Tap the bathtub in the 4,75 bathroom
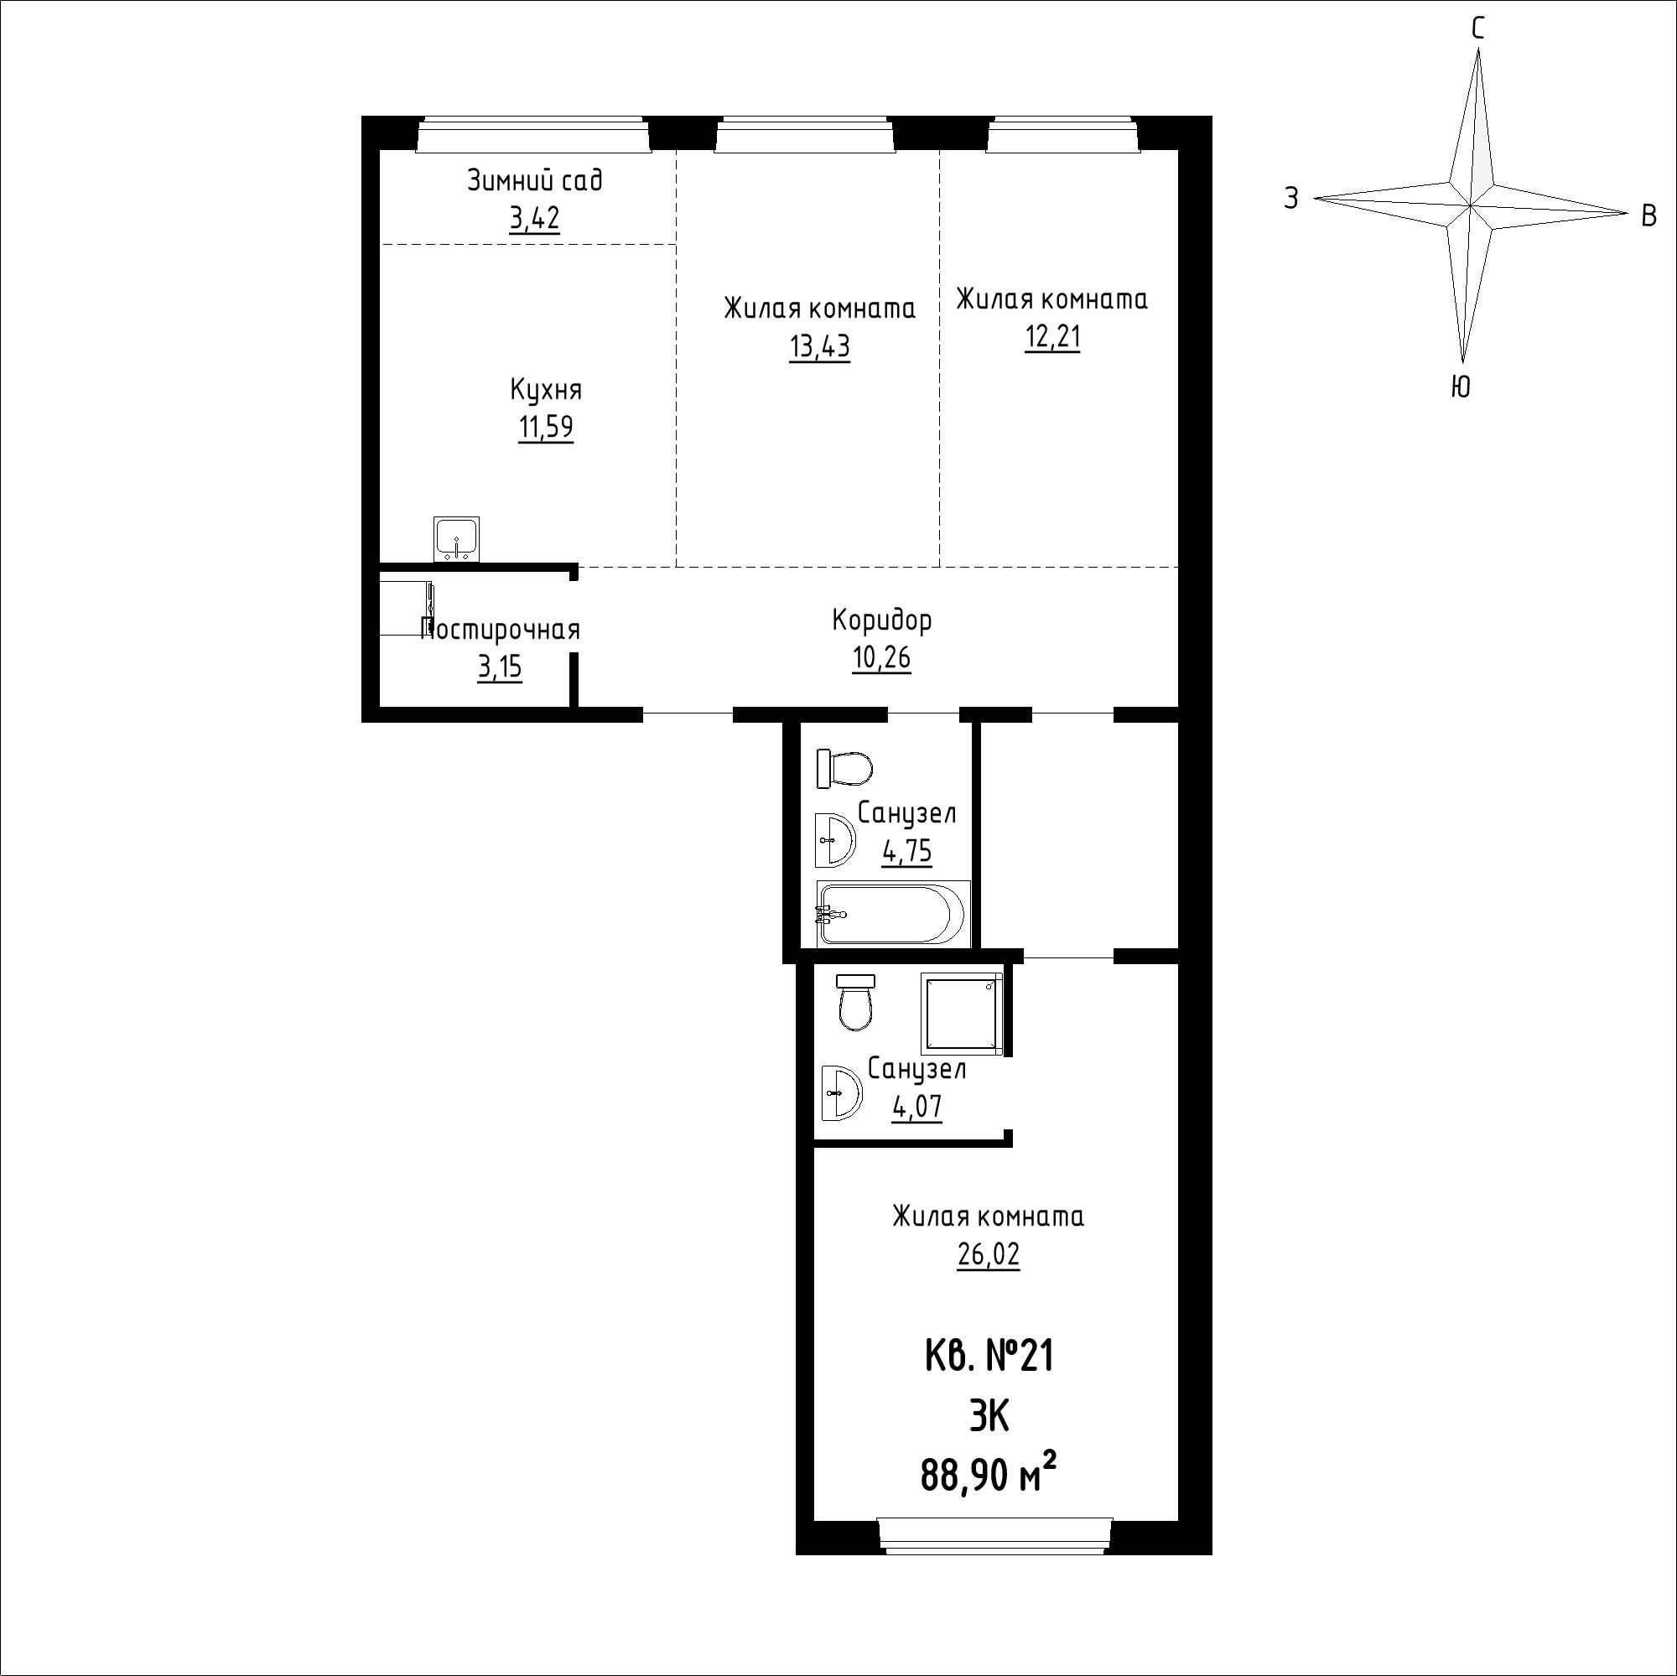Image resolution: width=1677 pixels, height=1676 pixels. (892, 913)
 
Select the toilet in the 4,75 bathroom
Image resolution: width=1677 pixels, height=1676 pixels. (844, 769)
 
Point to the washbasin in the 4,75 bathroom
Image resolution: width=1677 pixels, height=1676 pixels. (835, 839)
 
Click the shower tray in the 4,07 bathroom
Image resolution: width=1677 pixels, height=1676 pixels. (961, 1013)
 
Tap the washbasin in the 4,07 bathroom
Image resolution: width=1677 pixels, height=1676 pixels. (841, 1092)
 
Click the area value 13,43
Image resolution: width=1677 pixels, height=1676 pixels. (819, 346)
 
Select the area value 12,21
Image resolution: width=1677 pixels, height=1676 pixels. (1053, 336)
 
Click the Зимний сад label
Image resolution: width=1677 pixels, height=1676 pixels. (535, 179)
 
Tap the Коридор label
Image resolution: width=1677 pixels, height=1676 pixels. (882, 620)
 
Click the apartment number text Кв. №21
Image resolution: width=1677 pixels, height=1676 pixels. (989, 1357)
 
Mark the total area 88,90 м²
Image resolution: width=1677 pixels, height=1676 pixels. (989, 1475)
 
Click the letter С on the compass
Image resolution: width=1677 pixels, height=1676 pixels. (1477, 29)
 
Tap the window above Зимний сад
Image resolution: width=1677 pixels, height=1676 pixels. (534, 134)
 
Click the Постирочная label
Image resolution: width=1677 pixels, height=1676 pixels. (501, 630)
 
